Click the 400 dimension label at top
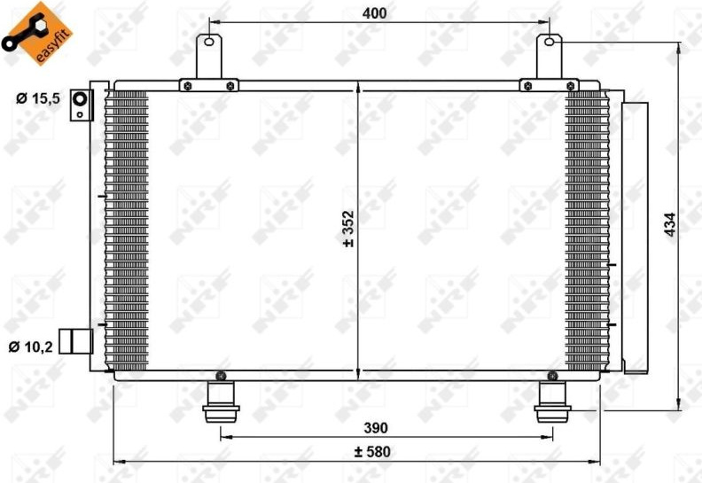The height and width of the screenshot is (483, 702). click(374, 13)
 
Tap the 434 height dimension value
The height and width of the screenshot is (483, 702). click(670, 225)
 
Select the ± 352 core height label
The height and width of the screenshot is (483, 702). click(348, 229)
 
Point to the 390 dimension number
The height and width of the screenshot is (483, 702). click(376, 428)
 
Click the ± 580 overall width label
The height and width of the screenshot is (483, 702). click(372, 452)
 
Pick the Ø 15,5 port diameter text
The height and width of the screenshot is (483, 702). click(38, 98)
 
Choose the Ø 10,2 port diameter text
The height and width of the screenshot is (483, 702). click(31, 346)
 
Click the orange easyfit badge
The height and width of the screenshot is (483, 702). click(36, 33)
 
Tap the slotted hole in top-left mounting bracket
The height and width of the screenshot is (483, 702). click(209, 42)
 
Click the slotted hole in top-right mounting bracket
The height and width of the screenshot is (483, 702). click(550, 42)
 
